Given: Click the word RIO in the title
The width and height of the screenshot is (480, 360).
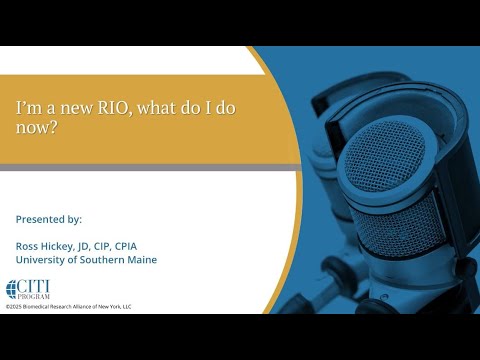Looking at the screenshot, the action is pos(113,108).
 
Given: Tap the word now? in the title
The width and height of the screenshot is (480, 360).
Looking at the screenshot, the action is pos(35,127).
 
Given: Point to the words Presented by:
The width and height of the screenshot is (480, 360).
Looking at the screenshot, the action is pos(49,219).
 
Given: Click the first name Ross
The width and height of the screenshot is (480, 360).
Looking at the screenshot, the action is pos(27,246).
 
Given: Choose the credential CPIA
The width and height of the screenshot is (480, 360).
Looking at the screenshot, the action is pos(126,246).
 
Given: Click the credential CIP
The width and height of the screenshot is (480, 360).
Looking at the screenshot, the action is pos(102,246).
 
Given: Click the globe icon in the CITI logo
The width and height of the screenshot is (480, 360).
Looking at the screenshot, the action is pos(11,289).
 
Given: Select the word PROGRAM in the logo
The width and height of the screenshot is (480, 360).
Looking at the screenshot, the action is pos(33,296).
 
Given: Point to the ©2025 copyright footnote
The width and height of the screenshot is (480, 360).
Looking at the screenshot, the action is pos(69,307).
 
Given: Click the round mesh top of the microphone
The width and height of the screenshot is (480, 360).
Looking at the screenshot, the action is pos(384,157).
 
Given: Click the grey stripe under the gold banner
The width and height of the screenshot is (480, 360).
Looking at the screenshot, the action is pos(150,167).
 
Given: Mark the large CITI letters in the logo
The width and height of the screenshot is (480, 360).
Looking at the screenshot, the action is pos(33,287).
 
